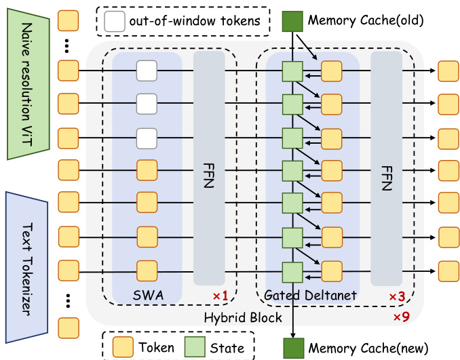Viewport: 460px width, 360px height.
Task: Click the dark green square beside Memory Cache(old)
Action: (292, 20)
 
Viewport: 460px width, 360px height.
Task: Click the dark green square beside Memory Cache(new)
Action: (292, 346)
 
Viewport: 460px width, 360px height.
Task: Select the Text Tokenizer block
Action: (26, 251)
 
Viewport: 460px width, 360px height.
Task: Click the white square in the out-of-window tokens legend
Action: (115, 22)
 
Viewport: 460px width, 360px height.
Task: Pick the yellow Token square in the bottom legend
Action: (123, 346)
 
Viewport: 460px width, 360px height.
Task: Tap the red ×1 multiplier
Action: (221, 297)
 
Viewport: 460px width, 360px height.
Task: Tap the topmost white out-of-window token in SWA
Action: (147, 70)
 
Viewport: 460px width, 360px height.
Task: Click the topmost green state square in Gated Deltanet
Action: (292, 71)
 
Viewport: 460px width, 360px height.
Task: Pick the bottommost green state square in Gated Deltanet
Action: (292, 271)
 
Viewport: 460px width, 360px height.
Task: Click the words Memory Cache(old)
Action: (366, 20)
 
